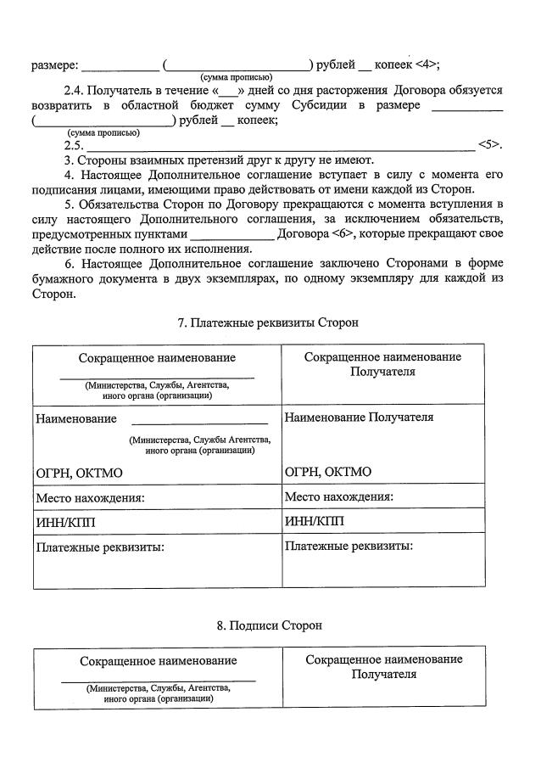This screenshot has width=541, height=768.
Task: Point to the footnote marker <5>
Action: tap(490, 144)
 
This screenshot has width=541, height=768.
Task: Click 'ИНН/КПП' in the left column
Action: tap(65, 521)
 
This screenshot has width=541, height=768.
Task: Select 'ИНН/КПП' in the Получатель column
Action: tap(315, 521)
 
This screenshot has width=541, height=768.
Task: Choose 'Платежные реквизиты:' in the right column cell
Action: tap(349, 546)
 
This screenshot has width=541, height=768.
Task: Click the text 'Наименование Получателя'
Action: tap(359, 418)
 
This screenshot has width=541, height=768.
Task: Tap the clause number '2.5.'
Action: tap(73, 144)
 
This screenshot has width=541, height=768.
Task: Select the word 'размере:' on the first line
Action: tap(55, 64)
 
